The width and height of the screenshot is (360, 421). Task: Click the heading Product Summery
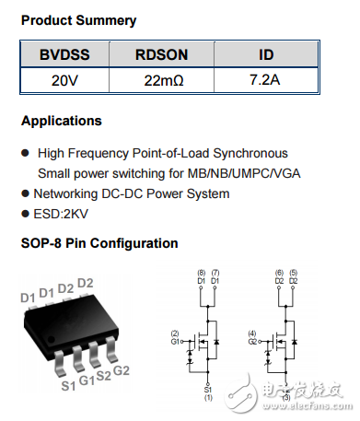(x=78, y=20)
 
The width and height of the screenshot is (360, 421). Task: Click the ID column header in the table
(x=265, y=54)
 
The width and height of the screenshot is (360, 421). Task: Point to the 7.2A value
(x=265, y=81)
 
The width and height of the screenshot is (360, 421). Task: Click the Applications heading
(x=61, y=121)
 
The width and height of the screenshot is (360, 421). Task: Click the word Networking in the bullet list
(x=65, y=193)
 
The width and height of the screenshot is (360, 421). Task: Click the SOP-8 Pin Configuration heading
(x=99, y=243)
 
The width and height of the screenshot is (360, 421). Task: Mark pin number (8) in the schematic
(x=202, y=274)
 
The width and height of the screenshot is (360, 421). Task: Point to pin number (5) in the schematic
(x=293, y=274)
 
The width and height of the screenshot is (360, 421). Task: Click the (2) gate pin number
(x=175, y=333)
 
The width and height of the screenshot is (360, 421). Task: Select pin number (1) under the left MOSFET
(x=209, y=398)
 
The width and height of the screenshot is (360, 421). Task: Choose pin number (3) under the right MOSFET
(x=286, y=398)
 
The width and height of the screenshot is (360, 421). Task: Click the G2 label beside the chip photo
(x=121, y=370)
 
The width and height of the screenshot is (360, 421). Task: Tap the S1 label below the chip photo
(x=68, y=385)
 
